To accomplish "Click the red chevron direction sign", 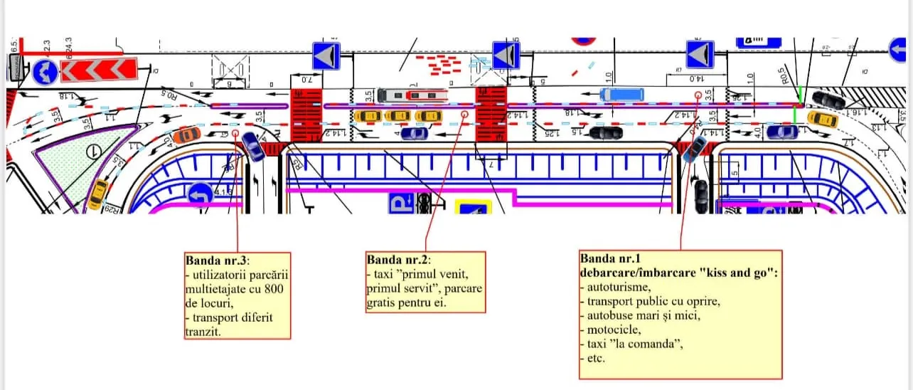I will [x=98, y=70].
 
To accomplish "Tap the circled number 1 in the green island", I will [x=91, y=151].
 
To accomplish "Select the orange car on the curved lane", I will [x=186, y=134].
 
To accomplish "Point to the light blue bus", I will [x=621, y=94].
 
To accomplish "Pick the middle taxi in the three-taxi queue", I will [x=397, y=115].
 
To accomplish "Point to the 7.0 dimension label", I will [x=306, y=80].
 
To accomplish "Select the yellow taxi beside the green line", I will [x=822, y=118].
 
